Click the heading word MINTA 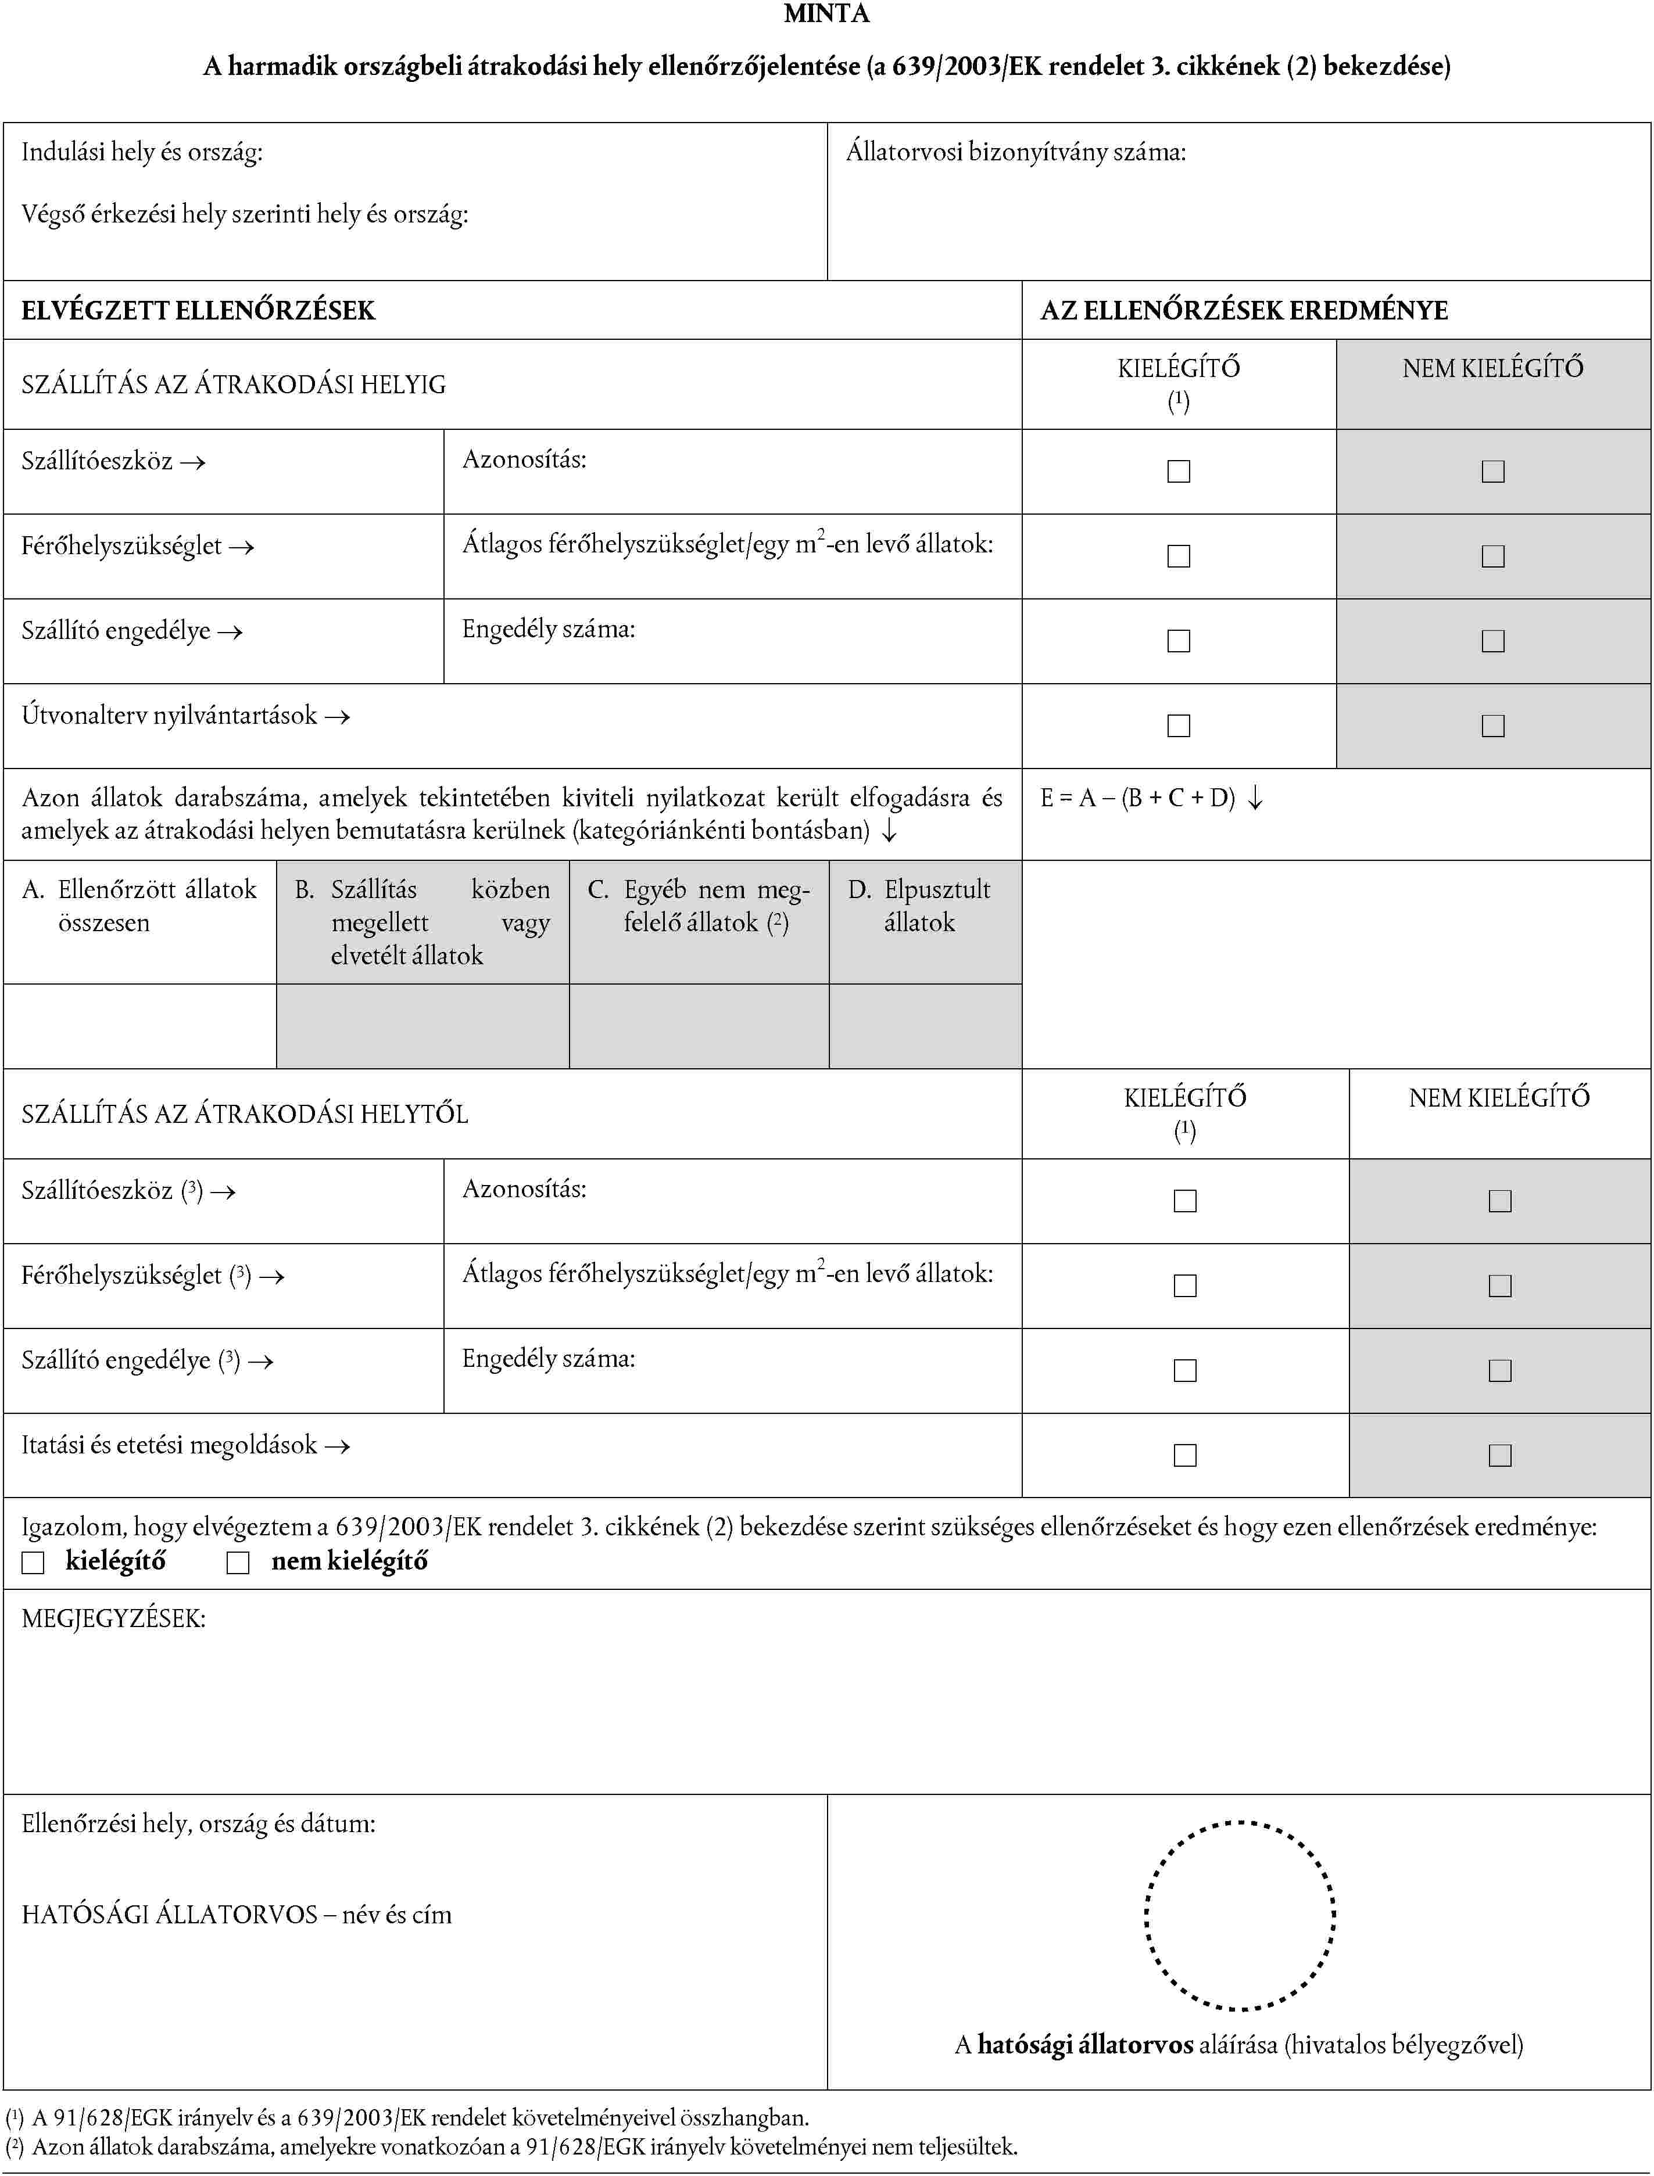pyautogui.click(x=826, y=14)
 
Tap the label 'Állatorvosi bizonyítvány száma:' pyautogui.click(x=1015, y=152)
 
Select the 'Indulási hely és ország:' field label pyautogui.click(x=142, y=152)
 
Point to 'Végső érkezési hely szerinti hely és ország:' pyautogui.click(x=244, y=214)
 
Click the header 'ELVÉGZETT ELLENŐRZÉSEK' pyautogui.click(x=198, y=311)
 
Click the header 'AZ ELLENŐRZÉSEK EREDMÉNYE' pyautogui.click(x=1244, y=311)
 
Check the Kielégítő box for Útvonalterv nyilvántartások pyautogui.click(x=1179, y=726)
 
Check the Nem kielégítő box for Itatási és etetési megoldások pyautogui.click(x=1499, y=1455)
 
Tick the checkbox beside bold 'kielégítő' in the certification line pyautogui.click(x=34, y=1563)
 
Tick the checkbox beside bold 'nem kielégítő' pyautogui.click(x=238, y=1563)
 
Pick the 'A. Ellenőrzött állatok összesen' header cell pyautogui.click(x=139, y=906)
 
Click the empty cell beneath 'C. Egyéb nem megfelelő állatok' pyautogui.click(x=699, y=1025)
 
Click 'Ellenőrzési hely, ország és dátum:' pyautogui.click(x=198, y=1823)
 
